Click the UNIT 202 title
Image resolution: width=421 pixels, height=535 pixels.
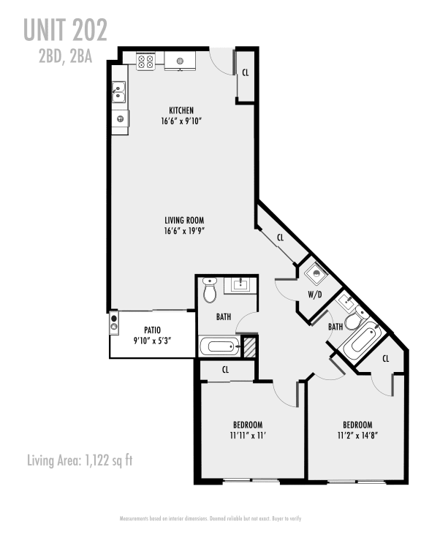point(65,30)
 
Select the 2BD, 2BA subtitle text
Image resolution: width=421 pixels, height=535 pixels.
point(65,57)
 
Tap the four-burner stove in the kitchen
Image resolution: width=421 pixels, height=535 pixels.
point(145,61)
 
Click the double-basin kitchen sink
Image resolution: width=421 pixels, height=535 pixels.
point(119,92)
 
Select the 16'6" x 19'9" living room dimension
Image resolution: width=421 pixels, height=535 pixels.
point(183,231)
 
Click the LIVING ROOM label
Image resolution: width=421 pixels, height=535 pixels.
point(183,219)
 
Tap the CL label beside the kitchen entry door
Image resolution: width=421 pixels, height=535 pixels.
point(245,72)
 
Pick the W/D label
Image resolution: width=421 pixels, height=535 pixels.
point(315,295)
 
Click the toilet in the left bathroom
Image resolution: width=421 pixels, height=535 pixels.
point(210,291)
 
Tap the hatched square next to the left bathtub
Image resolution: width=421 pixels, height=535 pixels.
point(250,346)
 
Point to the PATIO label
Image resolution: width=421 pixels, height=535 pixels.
point(152,330)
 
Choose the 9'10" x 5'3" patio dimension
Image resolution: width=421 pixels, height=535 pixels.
point(152,341)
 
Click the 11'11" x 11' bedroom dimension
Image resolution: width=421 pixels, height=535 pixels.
point(248,436)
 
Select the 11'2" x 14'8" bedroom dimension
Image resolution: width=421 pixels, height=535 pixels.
point(357,436)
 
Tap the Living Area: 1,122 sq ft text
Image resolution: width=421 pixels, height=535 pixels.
point(79,460)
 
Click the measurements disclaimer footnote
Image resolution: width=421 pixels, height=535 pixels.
point(210,518)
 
